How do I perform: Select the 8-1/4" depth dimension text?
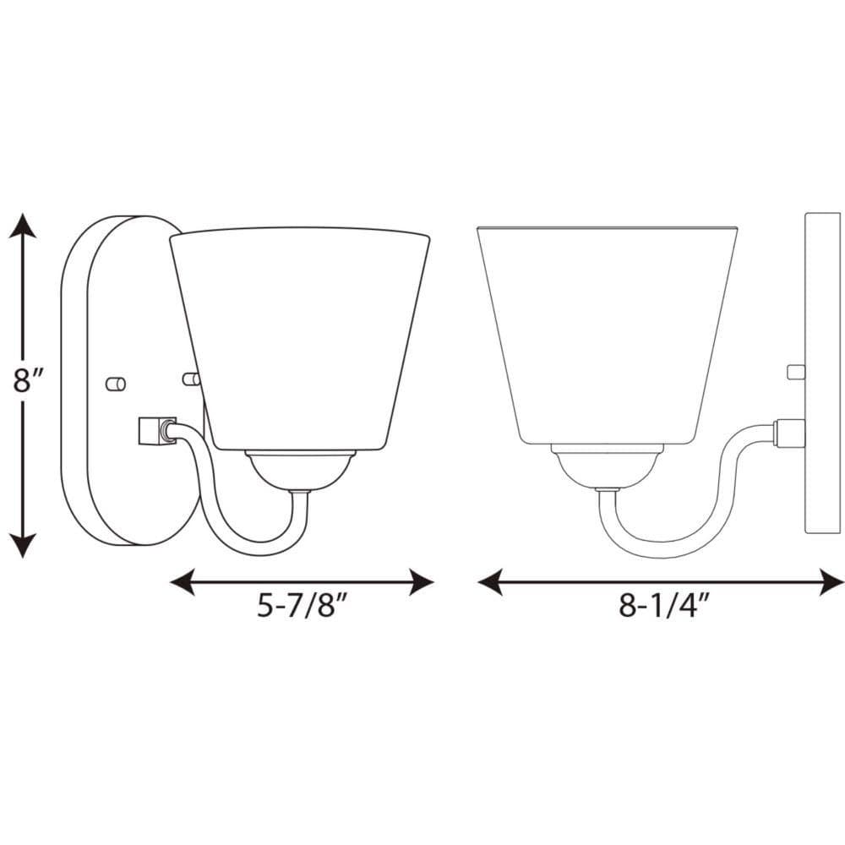tap(662, 605)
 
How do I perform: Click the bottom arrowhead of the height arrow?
tap(23, 545)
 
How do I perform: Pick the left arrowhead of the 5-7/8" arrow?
tap(183, 581)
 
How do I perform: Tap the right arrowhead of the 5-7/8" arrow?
tap(422, 581)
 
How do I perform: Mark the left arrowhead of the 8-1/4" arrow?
tap(490, 581)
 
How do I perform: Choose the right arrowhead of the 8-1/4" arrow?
tap(831, 581)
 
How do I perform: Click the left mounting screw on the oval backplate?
tap(116, 384)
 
